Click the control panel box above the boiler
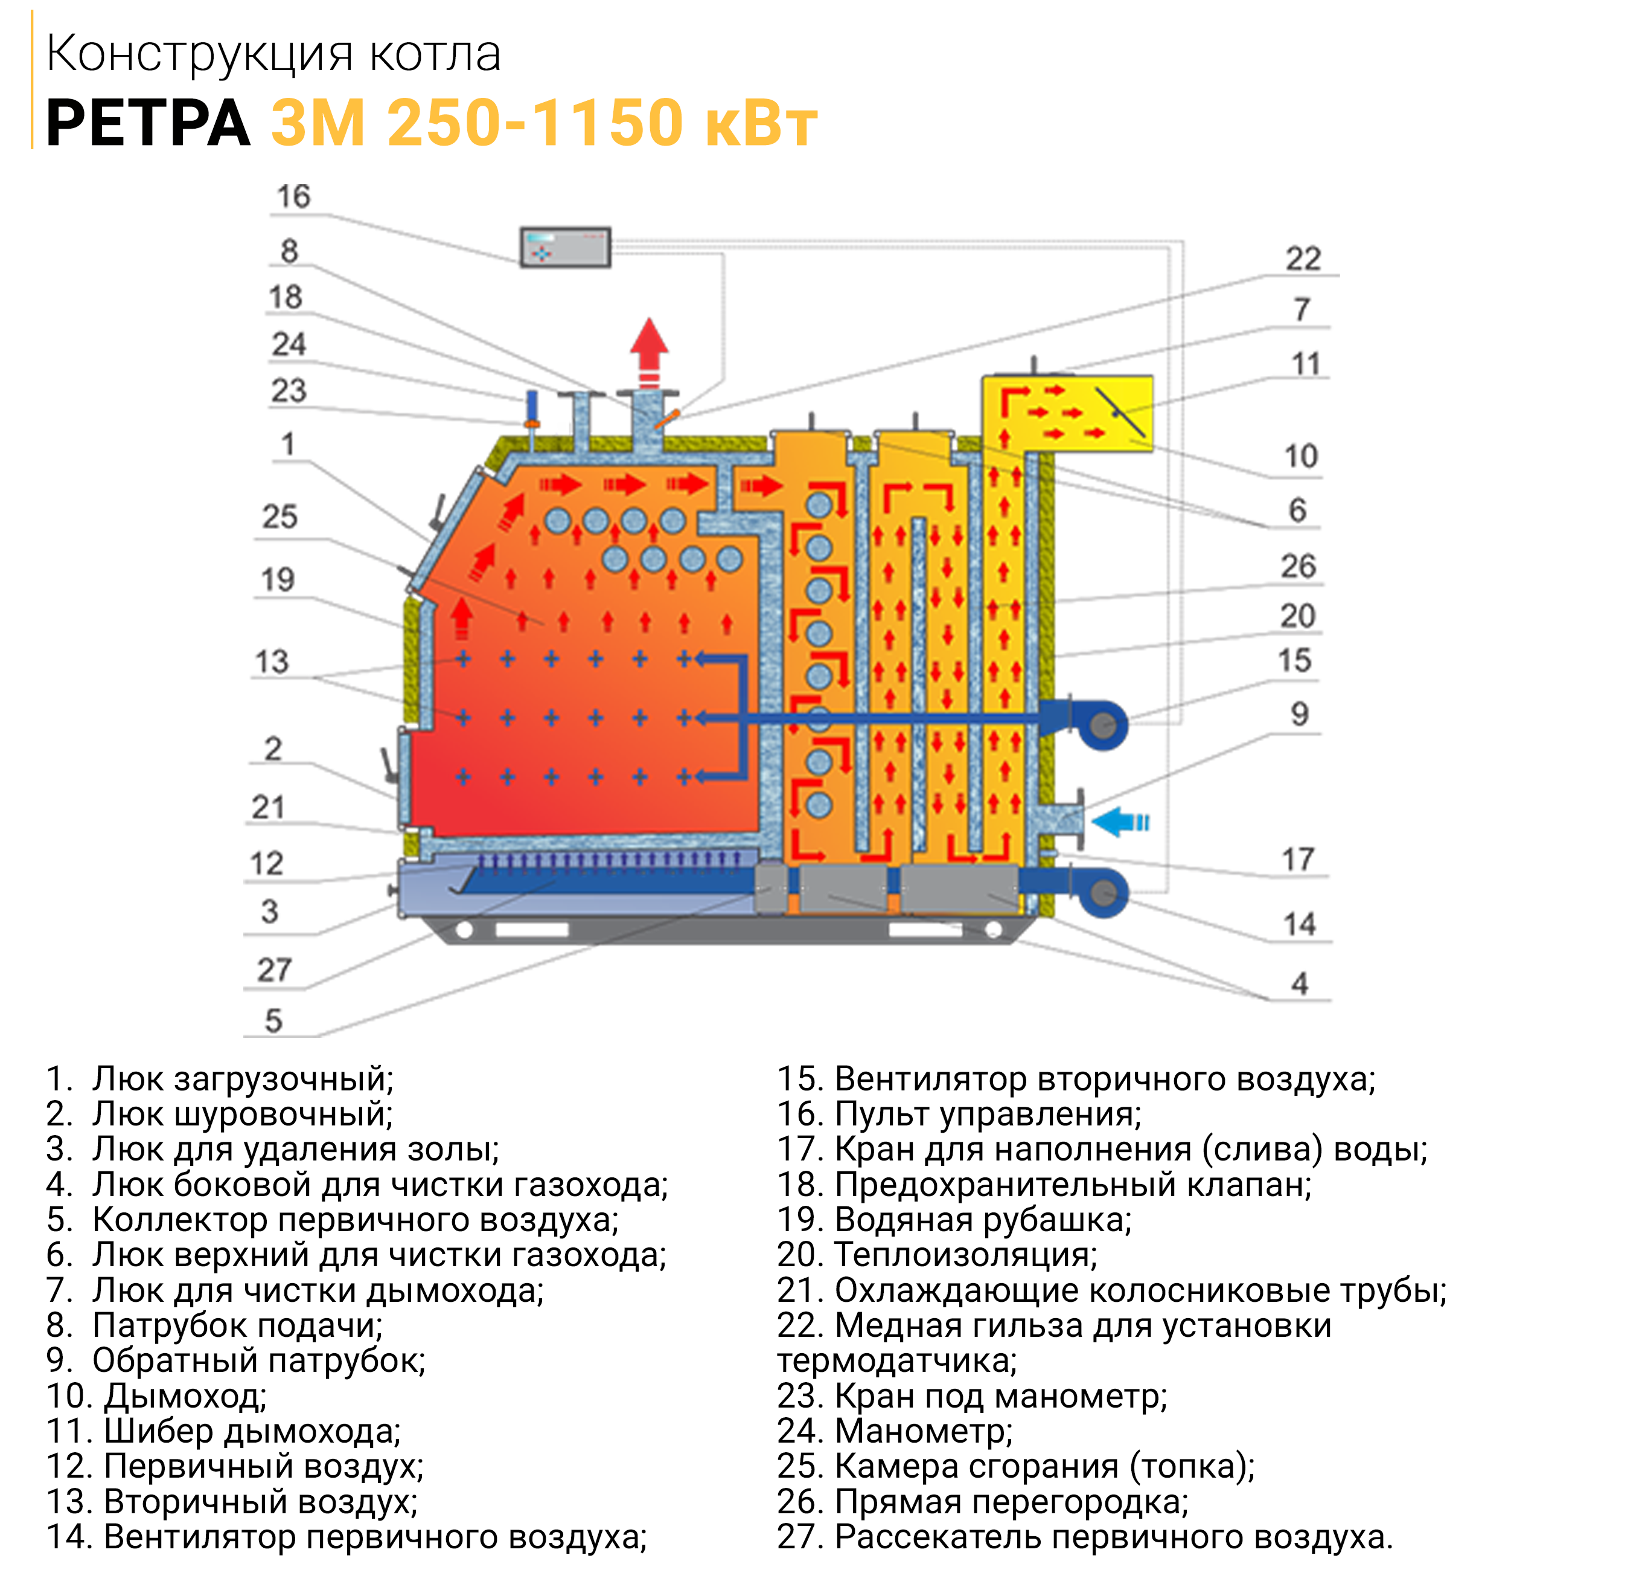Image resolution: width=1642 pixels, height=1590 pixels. click(x=566, y=247)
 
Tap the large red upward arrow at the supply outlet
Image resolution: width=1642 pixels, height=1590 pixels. click(x=650, y=352)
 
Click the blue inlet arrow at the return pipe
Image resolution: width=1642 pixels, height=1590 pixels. click(x=1121, y=822)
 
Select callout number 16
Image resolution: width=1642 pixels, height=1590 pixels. click(x=293, y=196)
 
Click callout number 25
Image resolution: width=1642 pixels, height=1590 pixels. click(x=280, y=517)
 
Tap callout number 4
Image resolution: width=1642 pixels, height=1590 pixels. click(x=1299, y=983)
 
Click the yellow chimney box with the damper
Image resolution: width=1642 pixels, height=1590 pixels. click(x=1067, y=414)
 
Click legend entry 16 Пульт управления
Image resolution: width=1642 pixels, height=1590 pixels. click(x=959, y=1115)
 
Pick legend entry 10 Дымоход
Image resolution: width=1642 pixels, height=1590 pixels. click(x=157, y=1396)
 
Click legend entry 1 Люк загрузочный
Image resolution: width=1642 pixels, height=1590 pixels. click(x=220, y=1080)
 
